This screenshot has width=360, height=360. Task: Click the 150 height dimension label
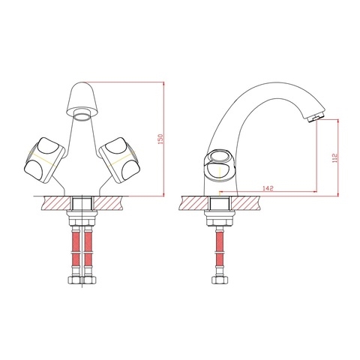161,139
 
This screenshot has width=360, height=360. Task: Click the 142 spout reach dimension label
268,188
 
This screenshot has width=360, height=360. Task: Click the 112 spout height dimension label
334,158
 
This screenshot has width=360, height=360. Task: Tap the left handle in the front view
44,160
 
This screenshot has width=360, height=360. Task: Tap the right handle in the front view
120,160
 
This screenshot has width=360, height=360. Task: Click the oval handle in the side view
219,166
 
